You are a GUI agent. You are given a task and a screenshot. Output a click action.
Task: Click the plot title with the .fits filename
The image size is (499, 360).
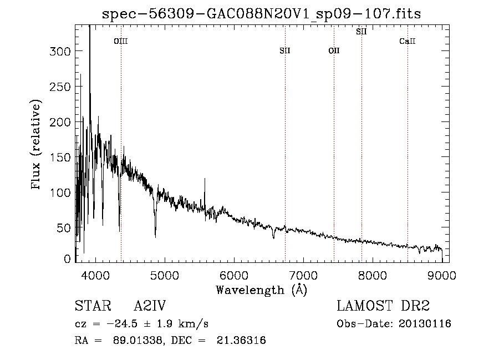click(x=261, y=14)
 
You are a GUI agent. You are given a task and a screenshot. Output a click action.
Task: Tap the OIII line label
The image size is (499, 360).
click(x=121, y=41)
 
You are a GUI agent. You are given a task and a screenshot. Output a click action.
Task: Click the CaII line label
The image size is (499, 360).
click(x=408, y=41)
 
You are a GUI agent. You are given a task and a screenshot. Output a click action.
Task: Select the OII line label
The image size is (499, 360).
click(x=334, y=50)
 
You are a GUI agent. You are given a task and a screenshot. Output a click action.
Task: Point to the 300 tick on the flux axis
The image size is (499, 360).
click(x=60, y=51)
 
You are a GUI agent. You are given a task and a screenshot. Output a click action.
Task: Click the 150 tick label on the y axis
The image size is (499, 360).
click(x=60, y=157)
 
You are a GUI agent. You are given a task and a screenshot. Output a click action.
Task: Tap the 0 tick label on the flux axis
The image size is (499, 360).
click(x=67, y=258)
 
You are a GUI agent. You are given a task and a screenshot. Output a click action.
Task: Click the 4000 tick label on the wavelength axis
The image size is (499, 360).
click(x=95, y=275)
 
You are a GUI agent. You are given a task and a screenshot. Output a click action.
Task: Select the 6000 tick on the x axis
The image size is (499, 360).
click(x=234, y=275)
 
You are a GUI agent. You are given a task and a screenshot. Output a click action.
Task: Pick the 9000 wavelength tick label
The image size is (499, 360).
click(x=442, y=275)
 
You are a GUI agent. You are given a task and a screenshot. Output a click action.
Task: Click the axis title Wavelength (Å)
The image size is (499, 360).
click(x=262, y=290)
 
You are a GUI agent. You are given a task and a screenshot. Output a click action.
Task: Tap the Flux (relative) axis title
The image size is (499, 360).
click(x=35, y=144)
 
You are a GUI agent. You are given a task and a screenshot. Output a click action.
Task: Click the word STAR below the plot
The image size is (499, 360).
click(x=93, y=306)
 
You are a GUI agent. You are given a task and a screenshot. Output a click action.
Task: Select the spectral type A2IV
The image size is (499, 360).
click(x=150, y=306)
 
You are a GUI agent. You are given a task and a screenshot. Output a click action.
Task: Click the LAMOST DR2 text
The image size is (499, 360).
click(x=383, y=306)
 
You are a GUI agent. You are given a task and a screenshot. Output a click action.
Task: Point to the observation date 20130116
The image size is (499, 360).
click(x=425, y=324)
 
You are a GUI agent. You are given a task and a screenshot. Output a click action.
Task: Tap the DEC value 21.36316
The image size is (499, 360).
click(x=241, y=340)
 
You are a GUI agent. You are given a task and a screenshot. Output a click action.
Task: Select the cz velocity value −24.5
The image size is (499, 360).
click(x=122, y=324)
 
